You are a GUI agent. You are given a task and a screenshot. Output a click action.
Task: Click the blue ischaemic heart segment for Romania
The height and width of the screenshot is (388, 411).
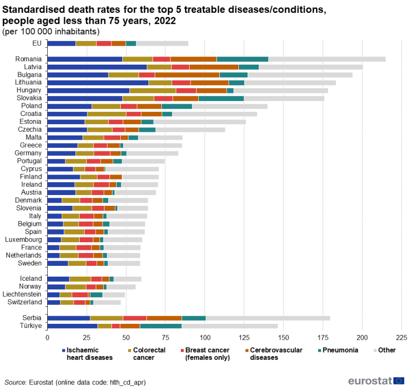(x=85, y=59)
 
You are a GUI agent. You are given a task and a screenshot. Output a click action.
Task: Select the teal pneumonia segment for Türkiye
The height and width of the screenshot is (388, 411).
(x=161, y=326)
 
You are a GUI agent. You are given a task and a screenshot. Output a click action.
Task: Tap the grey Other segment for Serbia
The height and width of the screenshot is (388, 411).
(x=268, y=318)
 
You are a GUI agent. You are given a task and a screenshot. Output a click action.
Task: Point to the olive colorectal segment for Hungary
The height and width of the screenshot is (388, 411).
(x=153, y=90)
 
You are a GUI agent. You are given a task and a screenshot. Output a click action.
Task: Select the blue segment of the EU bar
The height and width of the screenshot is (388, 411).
(x=61, y=43)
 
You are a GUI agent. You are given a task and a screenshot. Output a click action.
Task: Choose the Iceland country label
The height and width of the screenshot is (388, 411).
(x=31, y=279)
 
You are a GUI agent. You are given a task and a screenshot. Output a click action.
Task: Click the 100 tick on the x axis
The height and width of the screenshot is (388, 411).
(x=205, y=338)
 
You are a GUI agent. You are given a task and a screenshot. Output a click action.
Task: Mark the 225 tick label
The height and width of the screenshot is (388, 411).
(x=401, y=338)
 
